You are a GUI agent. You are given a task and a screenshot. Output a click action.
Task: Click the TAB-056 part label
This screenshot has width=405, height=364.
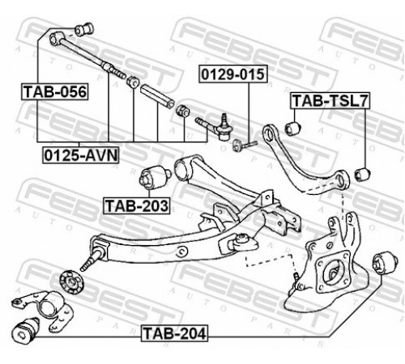tap(55, 91)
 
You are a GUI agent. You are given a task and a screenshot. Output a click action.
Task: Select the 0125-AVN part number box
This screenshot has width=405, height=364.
tap(81, 155)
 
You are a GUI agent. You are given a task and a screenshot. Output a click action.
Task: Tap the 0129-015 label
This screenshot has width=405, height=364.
tap(233, 74)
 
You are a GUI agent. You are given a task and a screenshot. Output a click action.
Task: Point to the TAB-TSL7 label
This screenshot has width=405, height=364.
tap(330, 100)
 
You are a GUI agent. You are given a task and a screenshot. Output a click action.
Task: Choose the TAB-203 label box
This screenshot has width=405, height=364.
tap(137, 205)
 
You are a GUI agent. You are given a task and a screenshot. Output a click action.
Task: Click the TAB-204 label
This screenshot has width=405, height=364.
tap(174, 333)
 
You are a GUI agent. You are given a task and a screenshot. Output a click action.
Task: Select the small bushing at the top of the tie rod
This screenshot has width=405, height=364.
tap(84, 29)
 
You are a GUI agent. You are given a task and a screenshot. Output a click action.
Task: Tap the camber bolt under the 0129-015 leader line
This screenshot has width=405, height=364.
tap(244, 144)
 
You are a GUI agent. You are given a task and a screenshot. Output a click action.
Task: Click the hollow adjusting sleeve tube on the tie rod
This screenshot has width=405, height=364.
tap(157, 96)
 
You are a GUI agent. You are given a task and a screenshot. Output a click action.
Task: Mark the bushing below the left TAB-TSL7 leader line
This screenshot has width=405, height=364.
tap(292, 128)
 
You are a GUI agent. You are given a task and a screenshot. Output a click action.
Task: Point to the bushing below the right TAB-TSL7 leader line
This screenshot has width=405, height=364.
tap(363, 174)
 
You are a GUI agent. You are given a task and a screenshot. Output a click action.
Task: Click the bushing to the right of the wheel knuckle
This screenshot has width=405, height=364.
tap(385, 263)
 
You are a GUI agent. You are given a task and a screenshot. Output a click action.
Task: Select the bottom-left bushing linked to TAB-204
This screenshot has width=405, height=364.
tap(26, 330)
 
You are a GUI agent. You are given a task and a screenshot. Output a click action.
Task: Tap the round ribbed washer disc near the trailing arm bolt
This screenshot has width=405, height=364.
tap(71, 282)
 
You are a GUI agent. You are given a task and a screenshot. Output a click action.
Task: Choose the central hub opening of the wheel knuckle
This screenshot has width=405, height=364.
tap(335, 273)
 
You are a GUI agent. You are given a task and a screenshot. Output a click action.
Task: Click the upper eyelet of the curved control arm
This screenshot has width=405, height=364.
tap(270, 134)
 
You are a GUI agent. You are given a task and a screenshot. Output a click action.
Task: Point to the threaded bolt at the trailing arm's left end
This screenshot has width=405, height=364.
tap(92, 260)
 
